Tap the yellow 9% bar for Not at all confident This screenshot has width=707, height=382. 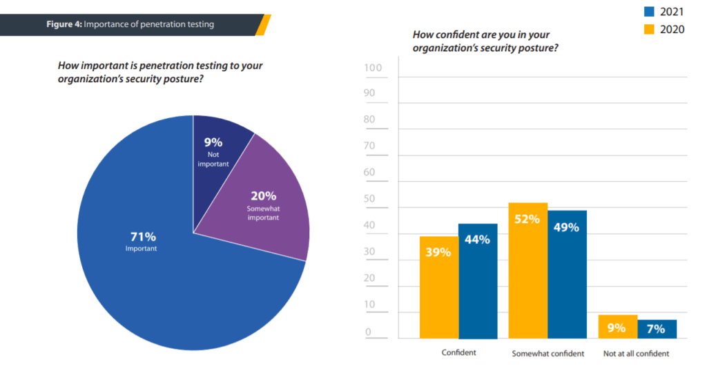pyautogui.click(x=617, y=327)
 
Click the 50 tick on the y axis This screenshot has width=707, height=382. pyautogui.click(x=370, y=200)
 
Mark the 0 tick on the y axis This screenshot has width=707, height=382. pyautogui.click(x=368, y=332)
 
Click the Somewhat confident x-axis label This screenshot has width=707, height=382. pyautogui.click(x=548, y=354)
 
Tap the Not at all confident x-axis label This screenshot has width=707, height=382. pyautogui.click(x=637, y=354)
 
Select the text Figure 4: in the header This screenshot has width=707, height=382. pyautogui.click(x=64, y=24)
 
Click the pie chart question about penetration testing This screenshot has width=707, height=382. pyautogui.click(x=160, y=73)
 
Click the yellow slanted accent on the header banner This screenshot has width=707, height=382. pyautogui.click(x=262, y=24)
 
